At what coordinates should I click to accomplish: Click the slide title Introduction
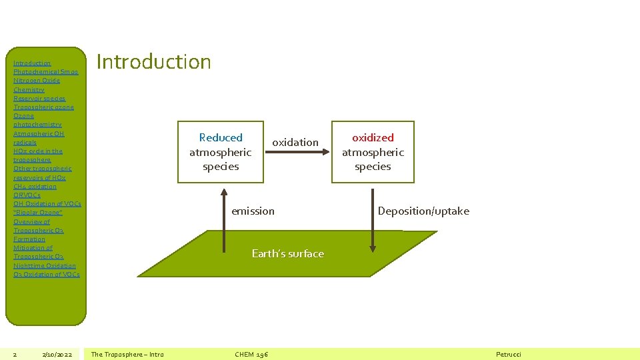pos(154,62)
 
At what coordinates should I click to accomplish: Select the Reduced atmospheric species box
pos(221,152)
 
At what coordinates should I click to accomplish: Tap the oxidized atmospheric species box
pos(373,152)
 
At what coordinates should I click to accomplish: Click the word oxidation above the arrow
pos(295,142)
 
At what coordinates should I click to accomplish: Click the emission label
pos(253,211)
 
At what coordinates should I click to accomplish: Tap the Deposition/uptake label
pos(423,211)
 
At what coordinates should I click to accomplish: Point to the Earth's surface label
pos(288,253)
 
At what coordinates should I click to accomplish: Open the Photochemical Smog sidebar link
pos(46,72)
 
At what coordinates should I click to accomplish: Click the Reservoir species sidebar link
pos(39,98)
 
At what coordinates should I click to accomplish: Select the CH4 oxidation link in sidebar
pos(35,187)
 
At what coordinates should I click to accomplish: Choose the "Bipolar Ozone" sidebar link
pos(38,213)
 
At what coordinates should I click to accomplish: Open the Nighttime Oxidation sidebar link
pos(45,265)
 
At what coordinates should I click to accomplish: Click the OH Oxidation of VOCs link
pos(47,204)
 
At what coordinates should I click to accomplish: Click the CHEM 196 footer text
pos(251,354)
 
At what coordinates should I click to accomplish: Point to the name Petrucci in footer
pos(509,354)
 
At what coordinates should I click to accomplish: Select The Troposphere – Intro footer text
pos(127,354)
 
